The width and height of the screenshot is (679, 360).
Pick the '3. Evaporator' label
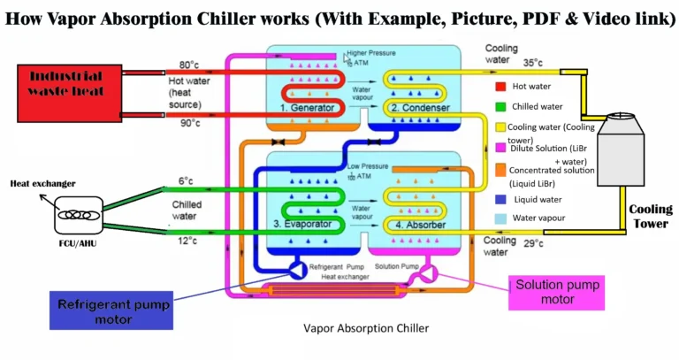304,224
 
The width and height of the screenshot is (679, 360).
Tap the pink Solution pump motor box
545,293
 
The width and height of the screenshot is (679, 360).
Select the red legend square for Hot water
500,88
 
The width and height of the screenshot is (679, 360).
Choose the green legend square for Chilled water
500,108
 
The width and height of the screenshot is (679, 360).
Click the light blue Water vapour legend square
501,218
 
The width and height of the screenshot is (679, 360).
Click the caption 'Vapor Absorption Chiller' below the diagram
366,328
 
